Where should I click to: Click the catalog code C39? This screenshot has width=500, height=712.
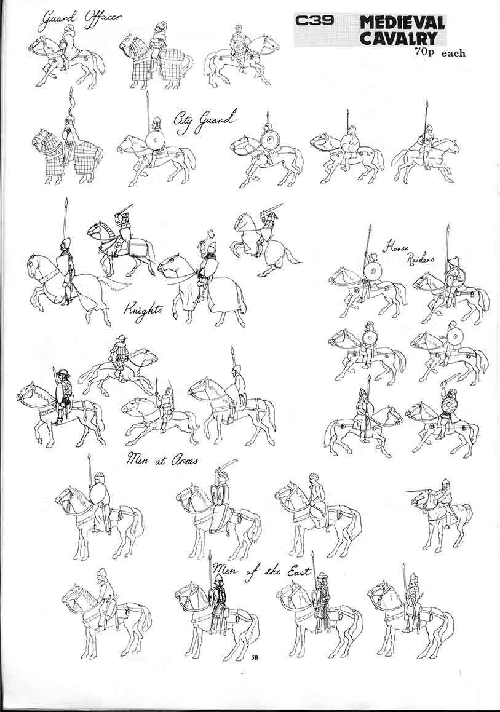(314, 21)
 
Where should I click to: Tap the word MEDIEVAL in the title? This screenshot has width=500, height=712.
(402, 23)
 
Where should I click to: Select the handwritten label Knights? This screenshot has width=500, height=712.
(143, 309)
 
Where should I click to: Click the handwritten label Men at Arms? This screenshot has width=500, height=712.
(162, 459)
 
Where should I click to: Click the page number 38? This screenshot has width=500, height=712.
(254, 658)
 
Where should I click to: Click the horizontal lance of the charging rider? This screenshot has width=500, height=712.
(424, 491)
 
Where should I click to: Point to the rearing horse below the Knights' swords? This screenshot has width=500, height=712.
(264, 243)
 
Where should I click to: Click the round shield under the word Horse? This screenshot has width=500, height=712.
(373, 272)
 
